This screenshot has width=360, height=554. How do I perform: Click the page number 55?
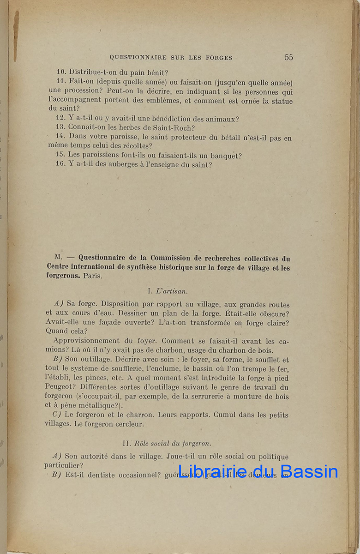click(288, 57)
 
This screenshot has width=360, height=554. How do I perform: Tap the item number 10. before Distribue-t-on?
click(61, 72)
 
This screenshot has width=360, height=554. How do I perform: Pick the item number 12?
click(61, 118)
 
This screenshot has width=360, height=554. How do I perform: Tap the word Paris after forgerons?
click(93, 276)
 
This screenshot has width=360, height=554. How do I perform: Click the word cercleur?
click(130, 423)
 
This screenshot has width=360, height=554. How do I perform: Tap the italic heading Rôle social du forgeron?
click(173, 443)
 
